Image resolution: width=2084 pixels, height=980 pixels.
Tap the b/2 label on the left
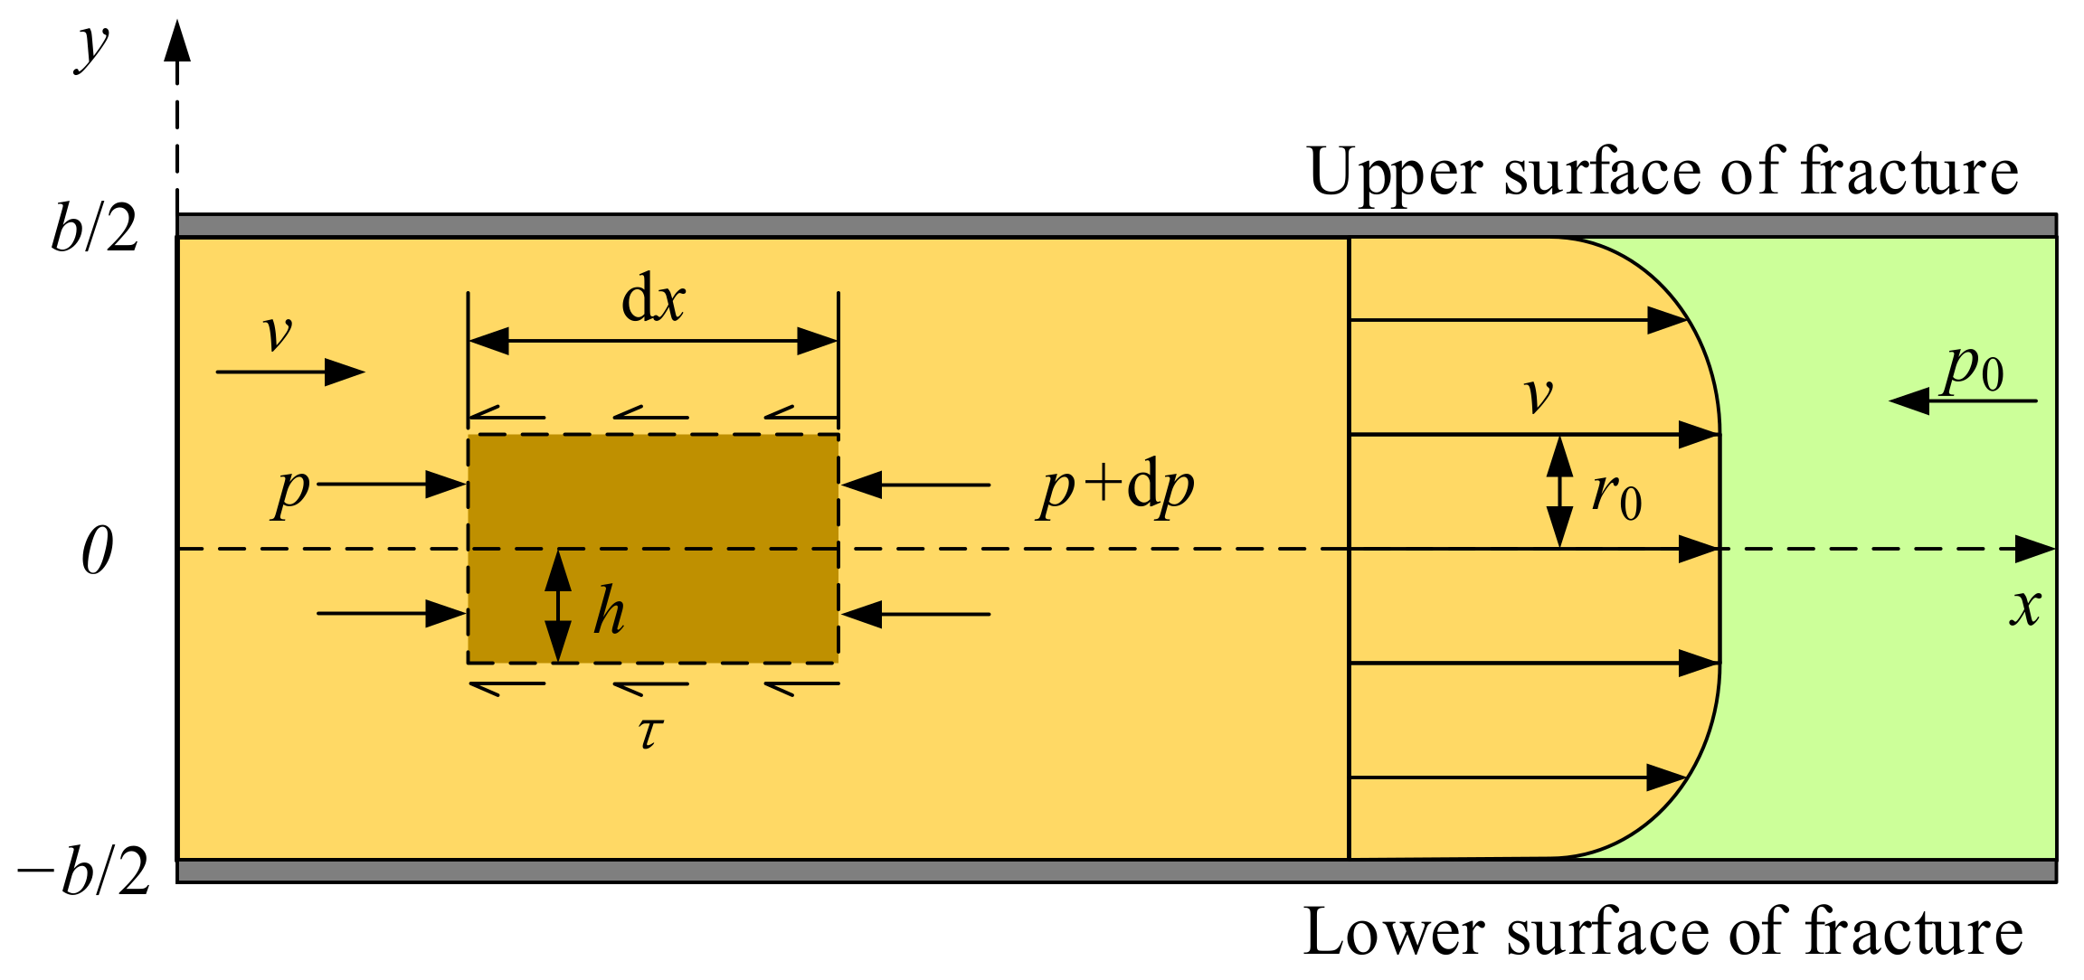[x=95, y=228]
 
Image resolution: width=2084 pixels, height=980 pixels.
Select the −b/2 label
[x=83, y=873]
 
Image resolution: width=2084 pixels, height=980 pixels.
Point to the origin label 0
[x=98, y=551]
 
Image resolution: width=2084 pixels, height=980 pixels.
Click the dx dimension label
[x=653, y=300]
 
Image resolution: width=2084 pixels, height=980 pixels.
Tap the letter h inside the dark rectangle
[x=609, y=611]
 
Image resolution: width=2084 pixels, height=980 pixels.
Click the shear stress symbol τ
[x=650, y=732]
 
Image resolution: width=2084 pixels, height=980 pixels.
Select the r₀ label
[x=1616, y=496]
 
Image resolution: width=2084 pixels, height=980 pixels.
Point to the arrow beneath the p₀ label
[x=1963, y=400]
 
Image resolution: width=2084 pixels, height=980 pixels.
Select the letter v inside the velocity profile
[x=1539, y=395]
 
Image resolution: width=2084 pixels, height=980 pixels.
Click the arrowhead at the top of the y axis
[x=177, y=41]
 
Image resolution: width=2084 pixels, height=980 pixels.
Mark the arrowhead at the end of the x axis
[x=2035, y=549]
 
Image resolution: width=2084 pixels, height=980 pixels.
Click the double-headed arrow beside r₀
[x=1559, y=492]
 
